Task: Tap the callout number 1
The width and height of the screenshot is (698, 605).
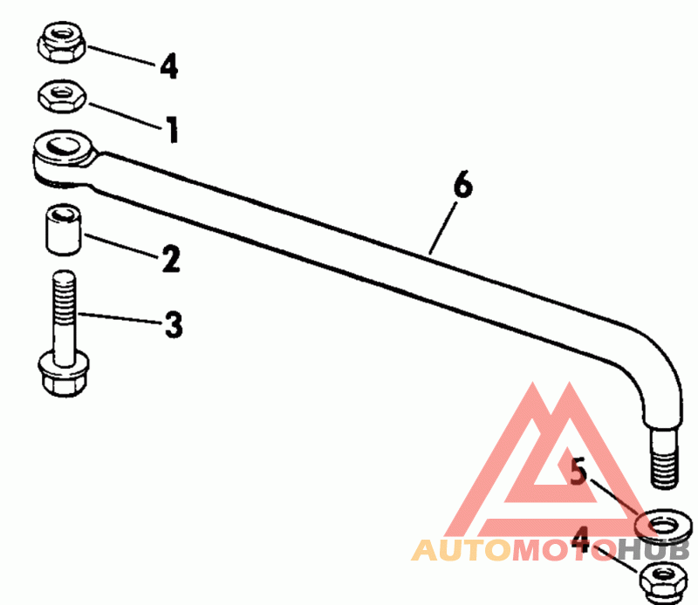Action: [172, 130]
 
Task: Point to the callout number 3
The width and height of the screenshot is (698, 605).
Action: [173, 325]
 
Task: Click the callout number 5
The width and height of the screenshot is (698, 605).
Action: [578, 472]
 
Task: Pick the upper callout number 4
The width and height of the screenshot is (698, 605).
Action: [168, 65]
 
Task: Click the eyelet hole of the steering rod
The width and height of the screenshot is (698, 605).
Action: [61, 146]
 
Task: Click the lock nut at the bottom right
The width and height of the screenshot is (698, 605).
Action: [661, 577]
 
